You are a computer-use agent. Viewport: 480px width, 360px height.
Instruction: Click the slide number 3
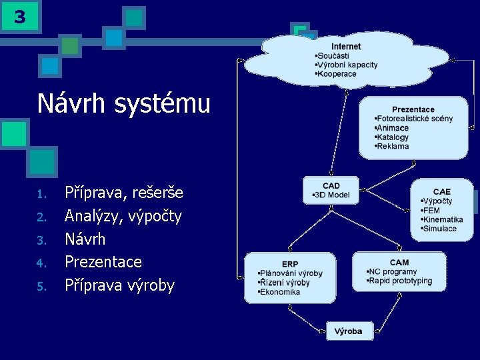19,17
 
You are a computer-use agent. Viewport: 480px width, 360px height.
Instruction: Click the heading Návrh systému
124,103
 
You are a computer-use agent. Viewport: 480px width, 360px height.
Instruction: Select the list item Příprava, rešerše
123,193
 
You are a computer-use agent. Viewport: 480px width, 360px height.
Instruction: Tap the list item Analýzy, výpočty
123,216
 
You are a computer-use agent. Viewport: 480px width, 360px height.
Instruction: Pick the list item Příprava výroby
119,285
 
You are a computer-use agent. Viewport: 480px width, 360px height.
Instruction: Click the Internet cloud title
346,46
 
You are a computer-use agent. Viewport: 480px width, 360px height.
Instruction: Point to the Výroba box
348,331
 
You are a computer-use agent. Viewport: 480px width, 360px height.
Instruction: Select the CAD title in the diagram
331,185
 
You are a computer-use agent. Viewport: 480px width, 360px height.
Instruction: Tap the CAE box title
441,191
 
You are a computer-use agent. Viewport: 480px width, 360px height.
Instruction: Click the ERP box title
290,264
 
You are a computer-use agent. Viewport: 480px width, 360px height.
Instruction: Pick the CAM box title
399,262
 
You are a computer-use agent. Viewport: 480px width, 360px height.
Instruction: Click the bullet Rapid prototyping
401,281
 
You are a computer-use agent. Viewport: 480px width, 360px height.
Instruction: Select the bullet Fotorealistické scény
415,119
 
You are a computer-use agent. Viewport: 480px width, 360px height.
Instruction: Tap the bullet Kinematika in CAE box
443,219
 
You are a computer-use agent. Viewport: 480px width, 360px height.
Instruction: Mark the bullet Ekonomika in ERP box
281,291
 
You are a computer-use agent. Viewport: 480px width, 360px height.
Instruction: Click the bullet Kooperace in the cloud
337,74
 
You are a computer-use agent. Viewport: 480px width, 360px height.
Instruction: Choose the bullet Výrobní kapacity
347,65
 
